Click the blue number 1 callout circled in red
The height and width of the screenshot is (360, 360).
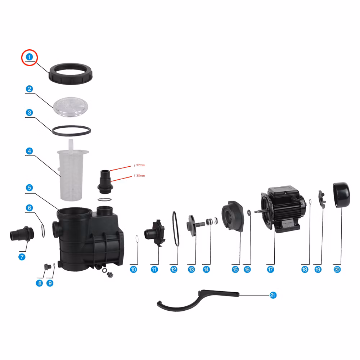tap(29, 57)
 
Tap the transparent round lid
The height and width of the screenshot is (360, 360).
tap(71, 107)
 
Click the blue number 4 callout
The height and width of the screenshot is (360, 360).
tap(29, 151)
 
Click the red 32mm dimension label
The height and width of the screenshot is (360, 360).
tap(139, 165)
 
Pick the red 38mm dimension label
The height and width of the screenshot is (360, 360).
tap(139, 176)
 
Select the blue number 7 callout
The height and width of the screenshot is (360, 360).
tap(22, 257)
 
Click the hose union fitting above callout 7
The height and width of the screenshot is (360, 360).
tap(22, 234)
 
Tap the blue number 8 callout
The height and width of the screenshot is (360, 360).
tap(40, 283)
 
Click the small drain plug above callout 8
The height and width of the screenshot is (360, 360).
tap(48, 267)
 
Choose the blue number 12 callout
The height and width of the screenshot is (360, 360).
tap(174, 270)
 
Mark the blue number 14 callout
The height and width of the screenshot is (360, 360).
tap(206, 270)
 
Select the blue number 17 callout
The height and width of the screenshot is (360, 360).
tap(270, 270)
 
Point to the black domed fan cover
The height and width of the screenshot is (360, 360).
tap(342, 195)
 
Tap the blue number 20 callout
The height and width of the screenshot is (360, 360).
tap(337, 270)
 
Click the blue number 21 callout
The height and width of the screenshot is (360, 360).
tap(273, 295)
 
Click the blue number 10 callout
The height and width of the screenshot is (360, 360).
tap(134, 270)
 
